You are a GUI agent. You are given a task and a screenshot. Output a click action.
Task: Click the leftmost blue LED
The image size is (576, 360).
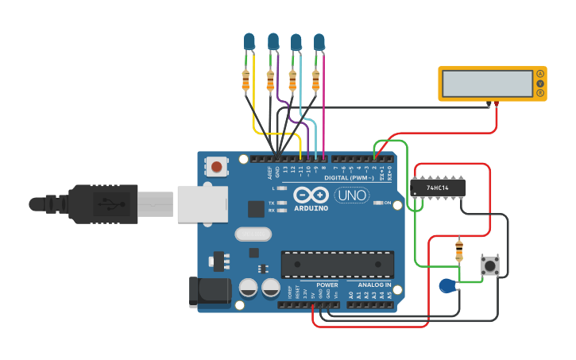tap(249, 41)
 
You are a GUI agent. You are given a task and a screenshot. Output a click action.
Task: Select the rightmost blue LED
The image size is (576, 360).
tap(319, 41)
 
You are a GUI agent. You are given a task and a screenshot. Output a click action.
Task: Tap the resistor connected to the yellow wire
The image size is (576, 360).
tap(245, 79)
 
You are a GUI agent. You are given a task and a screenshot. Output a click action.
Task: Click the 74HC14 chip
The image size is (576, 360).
tap(438, 188)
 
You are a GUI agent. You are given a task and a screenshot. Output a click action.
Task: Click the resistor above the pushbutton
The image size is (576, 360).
tap(458, 252)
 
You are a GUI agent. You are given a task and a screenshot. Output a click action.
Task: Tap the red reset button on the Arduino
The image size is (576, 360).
tap(216, 167)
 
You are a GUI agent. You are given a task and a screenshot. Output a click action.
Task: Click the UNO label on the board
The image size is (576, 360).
tap(351, 195)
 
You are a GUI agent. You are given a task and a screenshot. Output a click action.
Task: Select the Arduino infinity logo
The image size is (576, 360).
tap(311, 195)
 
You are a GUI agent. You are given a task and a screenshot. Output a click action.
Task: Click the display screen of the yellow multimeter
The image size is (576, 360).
tap(487, 83)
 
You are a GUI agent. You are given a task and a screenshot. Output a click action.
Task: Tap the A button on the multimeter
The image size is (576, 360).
tap(540, 74)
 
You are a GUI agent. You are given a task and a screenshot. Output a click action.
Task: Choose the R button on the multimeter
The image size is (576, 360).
tap(540, 93)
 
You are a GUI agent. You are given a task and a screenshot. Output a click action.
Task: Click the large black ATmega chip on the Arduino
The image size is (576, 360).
tap(338, 264)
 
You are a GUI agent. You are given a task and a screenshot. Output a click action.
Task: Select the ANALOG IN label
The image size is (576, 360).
tap(373, 285)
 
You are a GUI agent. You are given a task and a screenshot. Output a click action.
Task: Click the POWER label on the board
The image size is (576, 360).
tap(327, 285)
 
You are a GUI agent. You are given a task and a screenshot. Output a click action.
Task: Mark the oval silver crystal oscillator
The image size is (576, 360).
tap(253, 234)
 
